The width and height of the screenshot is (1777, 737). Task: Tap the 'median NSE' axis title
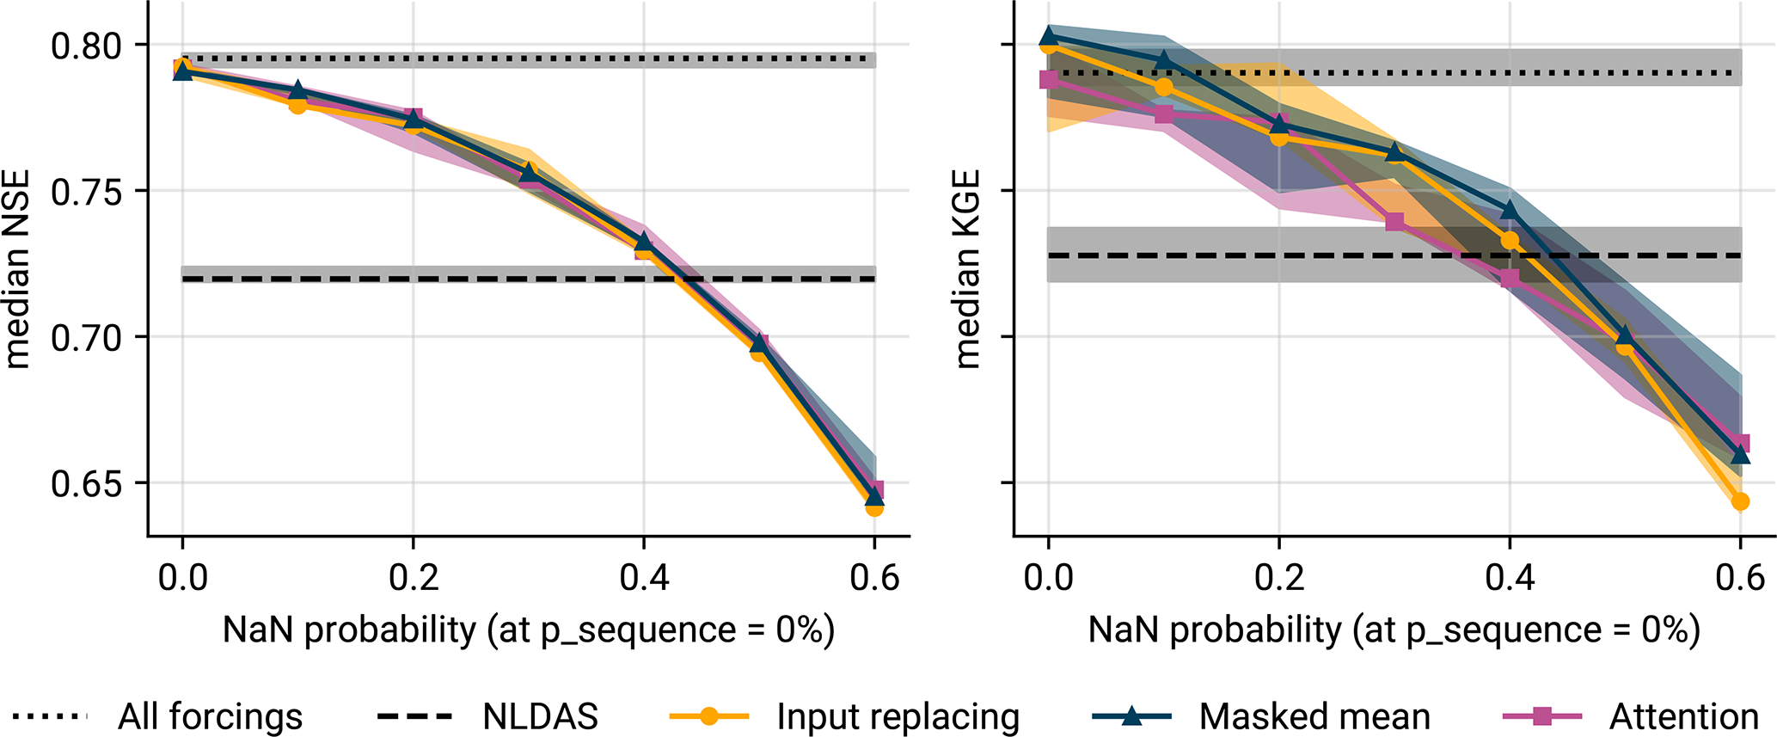click(x=17, y=268)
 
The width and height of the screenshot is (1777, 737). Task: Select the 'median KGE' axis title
click(x=968, y=268)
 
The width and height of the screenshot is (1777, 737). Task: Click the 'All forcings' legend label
click(x=210, y=716)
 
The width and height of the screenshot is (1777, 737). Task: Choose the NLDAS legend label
click(x=540, y=716)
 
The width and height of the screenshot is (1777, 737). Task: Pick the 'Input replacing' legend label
click(x=898, y=716)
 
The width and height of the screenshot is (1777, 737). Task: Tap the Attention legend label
click(x=1683, y=716)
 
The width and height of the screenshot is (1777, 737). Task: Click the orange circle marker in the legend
click(x=708, y=716)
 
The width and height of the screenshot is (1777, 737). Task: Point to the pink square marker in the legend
click(x=1542, y=716)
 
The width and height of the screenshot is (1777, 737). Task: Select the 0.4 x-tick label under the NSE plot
click(x=644, y=578)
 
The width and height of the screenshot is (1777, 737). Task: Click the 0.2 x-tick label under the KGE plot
click(x=1278, y=578)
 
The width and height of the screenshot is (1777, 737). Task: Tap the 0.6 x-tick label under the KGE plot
click(x=1740, y=578)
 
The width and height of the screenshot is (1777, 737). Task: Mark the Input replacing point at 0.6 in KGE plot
click(x=1740, y=501)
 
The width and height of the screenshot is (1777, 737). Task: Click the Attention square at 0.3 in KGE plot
click(x=1394, y=223)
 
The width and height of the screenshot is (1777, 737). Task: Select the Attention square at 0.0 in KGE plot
click(x=1048, y=79)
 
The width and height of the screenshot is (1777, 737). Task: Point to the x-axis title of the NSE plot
click(x=528, y=630)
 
